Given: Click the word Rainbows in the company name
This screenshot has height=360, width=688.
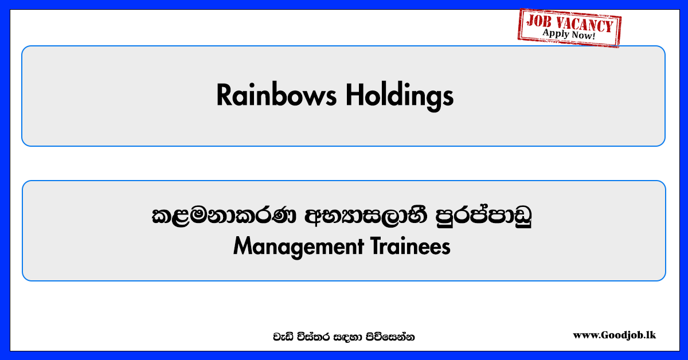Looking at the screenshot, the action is pos(276,95).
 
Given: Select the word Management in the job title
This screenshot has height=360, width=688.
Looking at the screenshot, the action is pos(299,247).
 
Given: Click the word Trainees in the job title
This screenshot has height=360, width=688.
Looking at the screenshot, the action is pos(411,246).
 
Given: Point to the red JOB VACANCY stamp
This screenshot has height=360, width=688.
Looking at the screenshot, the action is pos(569,28).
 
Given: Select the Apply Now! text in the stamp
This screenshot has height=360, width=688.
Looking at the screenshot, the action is pos(569,34).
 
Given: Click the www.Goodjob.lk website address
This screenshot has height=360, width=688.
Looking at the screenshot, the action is pos(614,335).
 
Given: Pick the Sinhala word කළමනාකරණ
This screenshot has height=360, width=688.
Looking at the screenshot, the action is pos(224,216).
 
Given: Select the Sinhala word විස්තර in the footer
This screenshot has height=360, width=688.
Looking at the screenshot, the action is pos(314,336).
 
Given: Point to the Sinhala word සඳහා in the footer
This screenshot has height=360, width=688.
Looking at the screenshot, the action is pos(348,337).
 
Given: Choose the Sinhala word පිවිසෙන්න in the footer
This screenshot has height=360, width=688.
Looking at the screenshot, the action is pos(390,336).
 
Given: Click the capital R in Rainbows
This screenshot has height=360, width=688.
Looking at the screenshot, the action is pos(224,95).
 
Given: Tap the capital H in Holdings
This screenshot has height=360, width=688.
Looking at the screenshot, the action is pos(354,95).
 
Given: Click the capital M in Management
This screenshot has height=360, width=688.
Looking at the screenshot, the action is pos(243,246).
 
